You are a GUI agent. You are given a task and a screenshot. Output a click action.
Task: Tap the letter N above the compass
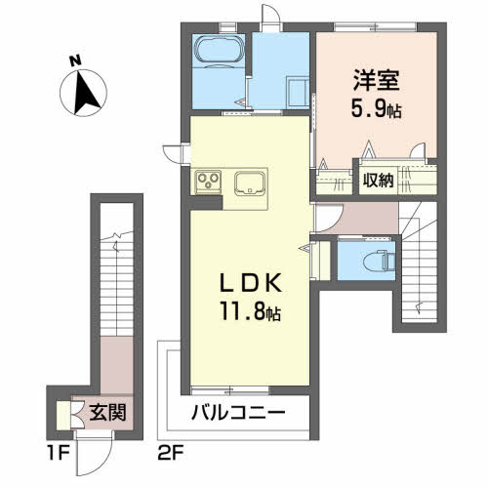point(74,60)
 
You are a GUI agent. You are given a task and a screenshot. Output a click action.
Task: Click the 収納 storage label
point(379,181)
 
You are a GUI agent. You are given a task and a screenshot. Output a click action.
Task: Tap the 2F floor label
point(170,455)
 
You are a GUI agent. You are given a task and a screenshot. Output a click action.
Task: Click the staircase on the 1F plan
point(116,264)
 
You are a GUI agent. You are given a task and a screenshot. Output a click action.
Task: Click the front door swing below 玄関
point(93,451)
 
